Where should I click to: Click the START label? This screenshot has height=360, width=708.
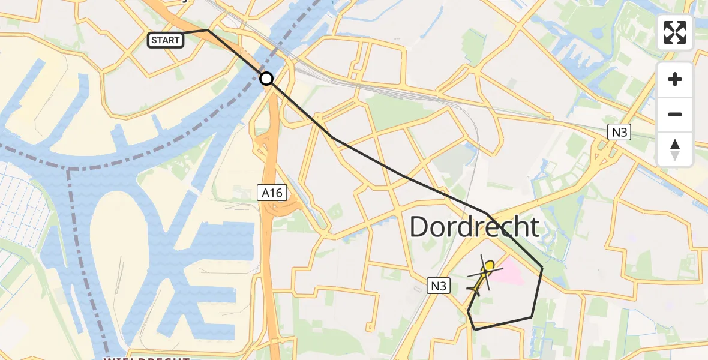coord(166,40)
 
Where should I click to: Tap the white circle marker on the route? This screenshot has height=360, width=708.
coord(266,78)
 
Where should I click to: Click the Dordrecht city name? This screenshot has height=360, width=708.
coord(474,227)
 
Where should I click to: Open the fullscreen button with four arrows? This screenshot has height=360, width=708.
coord(675,32)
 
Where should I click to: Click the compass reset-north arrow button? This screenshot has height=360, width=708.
coord(675,149)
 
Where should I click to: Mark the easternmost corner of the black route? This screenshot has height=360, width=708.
coord(542,268)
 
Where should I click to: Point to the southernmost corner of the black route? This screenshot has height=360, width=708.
coord(475,329)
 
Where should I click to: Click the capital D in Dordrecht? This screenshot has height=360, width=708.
coord(422,227)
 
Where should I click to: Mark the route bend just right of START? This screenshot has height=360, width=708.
coord(208,29)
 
